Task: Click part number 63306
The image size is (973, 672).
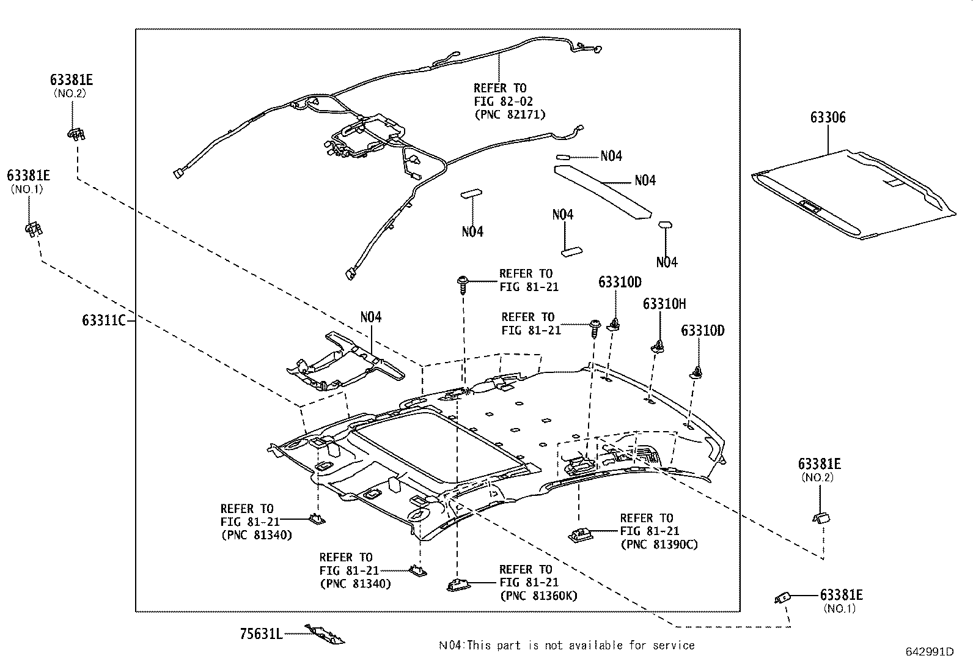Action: (828, 117)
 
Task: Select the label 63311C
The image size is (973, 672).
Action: (103, 320)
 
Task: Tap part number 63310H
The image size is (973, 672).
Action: (664, 304)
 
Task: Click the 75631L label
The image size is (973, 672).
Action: (261, 634)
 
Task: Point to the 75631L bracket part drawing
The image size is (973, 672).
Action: (325, 634)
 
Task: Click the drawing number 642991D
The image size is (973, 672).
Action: (929, 652)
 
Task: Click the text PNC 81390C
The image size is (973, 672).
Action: (659, 544)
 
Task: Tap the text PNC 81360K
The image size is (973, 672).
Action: (538, 596)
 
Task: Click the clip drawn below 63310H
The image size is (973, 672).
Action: (659, 347)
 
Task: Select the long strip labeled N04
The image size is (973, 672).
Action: (602, 190)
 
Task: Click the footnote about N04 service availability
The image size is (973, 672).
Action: (567, 645)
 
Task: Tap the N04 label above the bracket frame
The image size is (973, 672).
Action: (370, 317)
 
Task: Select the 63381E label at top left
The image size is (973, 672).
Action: (72, 80)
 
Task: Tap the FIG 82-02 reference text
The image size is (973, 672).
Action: (503, 102)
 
